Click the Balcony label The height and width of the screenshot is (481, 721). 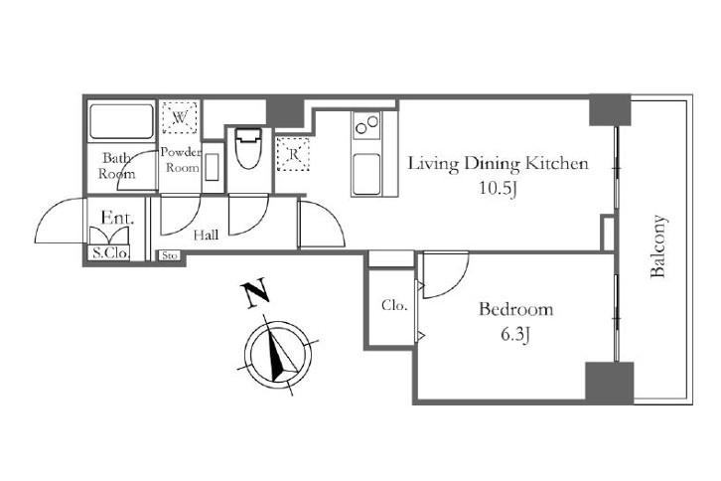(658, 246)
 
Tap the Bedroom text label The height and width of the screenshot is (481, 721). (515, 308)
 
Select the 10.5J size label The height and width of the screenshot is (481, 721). (499, 188)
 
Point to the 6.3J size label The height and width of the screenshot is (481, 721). (515, 335)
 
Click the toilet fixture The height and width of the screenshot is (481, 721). (248, 148)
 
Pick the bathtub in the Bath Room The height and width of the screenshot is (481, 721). (121, 121)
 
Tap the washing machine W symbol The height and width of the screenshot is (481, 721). (180, 117)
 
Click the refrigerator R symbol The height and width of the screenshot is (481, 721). (293, 154)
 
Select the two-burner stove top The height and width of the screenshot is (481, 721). (366, 124)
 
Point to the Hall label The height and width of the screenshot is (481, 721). (206, 236)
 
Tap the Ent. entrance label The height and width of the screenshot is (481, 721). (117, 218)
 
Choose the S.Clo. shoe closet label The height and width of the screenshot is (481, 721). (111, 252)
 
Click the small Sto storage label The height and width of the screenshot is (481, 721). (170, 255)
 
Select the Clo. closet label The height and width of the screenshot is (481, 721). (394, 305)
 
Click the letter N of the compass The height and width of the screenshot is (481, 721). (254, 293)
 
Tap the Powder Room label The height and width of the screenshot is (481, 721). (181, 160)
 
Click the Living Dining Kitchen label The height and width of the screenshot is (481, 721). (499, 164)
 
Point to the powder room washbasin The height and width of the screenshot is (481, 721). (213, 167)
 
